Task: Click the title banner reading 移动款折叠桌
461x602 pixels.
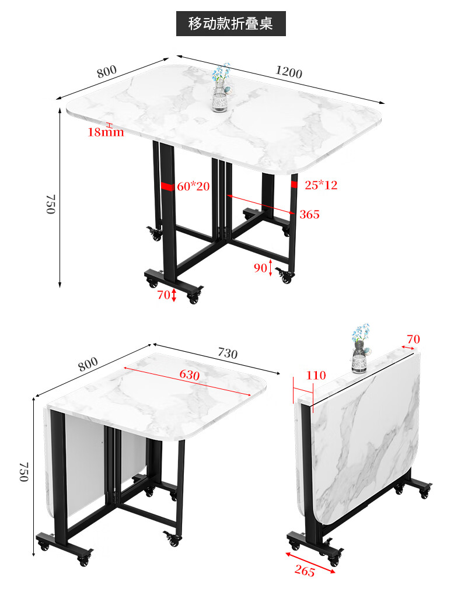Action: click(231, 23)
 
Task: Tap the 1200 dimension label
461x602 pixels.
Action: click(288, 72)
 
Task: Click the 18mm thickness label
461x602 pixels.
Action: click(106, 132)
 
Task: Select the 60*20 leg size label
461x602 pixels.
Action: click(193, 186)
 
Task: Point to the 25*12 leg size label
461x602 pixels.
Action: click(321, 185)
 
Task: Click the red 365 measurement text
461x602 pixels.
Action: click(310, 214)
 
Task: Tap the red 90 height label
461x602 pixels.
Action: click(260, 268)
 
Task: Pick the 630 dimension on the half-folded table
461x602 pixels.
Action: click(190, 374)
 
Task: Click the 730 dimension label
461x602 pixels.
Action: click(228, 353)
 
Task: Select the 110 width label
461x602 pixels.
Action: click(316, 375)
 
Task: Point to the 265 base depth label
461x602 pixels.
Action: click(305, 571)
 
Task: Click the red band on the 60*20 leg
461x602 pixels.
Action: click(168, 186)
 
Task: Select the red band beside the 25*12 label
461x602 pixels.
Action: click(294, 184)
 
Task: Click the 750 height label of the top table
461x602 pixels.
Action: click(51, 204)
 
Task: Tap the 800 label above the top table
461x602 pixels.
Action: click(106, 71)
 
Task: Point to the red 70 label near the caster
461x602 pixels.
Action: click(163, 295)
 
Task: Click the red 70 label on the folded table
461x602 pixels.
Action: click(413, 339)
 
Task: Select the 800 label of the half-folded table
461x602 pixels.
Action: click(88, 364)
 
